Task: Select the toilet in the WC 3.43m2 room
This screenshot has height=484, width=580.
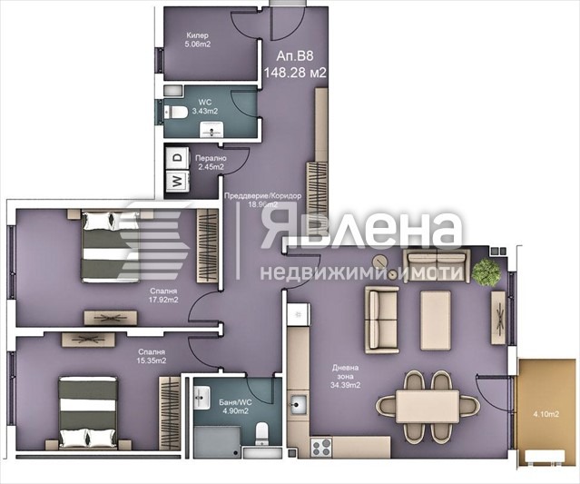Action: click(x=178, y=112)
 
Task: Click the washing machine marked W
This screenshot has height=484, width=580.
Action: click(x=176, y=181)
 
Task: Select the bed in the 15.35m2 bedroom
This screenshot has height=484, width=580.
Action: click(x=88, y=410)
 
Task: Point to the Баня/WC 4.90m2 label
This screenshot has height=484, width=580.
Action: click(x=236, y=403)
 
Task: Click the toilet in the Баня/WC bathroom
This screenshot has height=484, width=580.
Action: click(x=261, y=431)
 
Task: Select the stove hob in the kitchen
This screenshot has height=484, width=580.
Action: click(x=319, y=446)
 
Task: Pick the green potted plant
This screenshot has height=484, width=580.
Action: click(x=487, y=271)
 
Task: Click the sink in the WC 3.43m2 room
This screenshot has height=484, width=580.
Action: click(x=214, y=133)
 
